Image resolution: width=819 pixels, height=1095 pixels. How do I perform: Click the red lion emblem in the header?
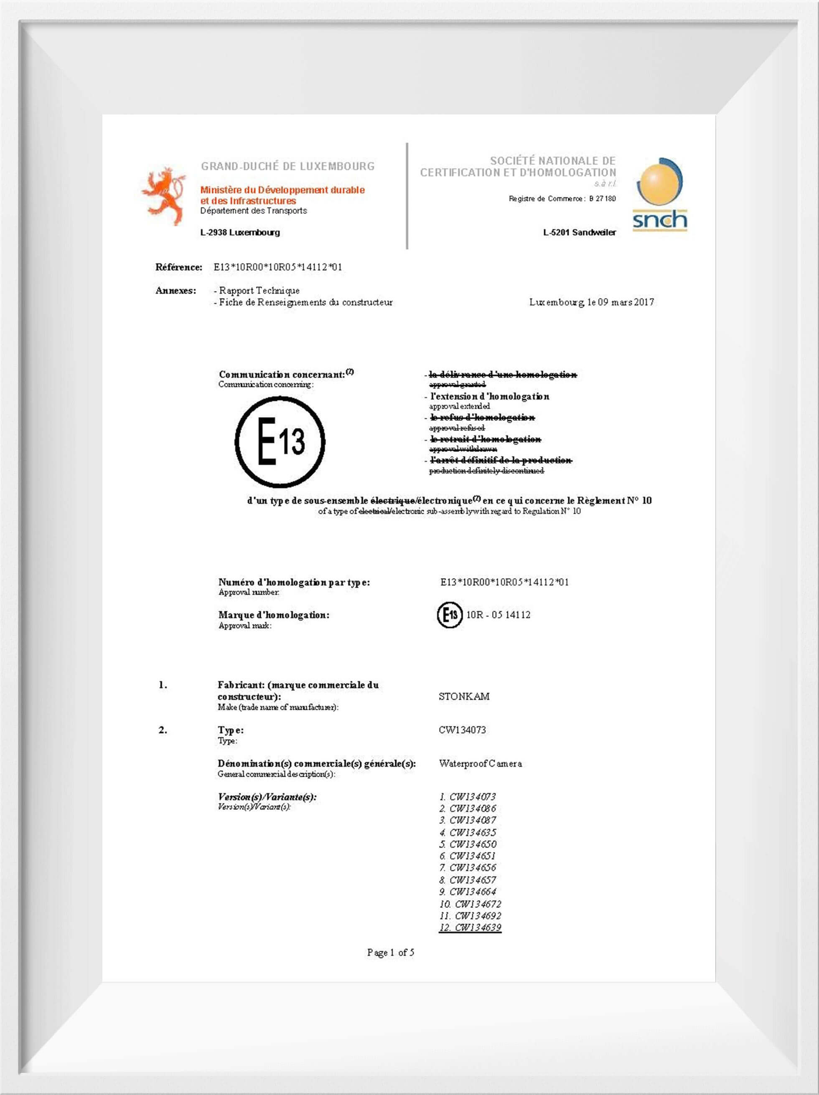point(163,197)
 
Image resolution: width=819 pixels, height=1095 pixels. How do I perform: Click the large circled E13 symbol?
point(280,441)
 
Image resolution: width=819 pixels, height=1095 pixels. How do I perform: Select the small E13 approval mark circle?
point(450,615)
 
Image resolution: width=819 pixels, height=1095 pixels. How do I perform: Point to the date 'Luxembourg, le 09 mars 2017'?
point(591,302)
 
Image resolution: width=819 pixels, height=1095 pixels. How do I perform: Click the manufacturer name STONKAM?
point(464,697)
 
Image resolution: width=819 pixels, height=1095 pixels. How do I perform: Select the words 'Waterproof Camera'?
point(480,763)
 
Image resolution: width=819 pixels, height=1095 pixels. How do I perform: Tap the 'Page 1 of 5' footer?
point(390,953)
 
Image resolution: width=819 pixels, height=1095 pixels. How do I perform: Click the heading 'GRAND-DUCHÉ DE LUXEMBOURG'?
point(287,166)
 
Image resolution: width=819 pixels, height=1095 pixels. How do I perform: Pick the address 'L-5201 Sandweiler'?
point(579,232)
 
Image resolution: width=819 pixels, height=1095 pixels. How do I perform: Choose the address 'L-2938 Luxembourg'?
point(240,232)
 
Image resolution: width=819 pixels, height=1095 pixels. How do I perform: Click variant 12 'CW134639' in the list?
point(470,928)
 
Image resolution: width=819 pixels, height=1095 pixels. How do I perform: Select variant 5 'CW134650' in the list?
point(468,844)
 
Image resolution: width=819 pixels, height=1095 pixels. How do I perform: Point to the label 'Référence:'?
point(179,267)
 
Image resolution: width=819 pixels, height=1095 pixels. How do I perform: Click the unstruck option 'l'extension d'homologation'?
point(489,396)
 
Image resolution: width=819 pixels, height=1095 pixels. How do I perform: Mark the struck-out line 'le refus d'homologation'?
point(482,418)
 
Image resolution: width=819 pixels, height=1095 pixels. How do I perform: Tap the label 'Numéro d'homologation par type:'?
point(294,582)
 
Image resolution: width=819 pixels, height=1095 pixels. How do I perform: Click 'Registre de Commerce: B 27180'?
point(562,198)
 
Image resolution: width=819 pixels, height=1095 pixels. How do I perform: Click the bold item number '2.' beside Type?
point(163,730)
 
